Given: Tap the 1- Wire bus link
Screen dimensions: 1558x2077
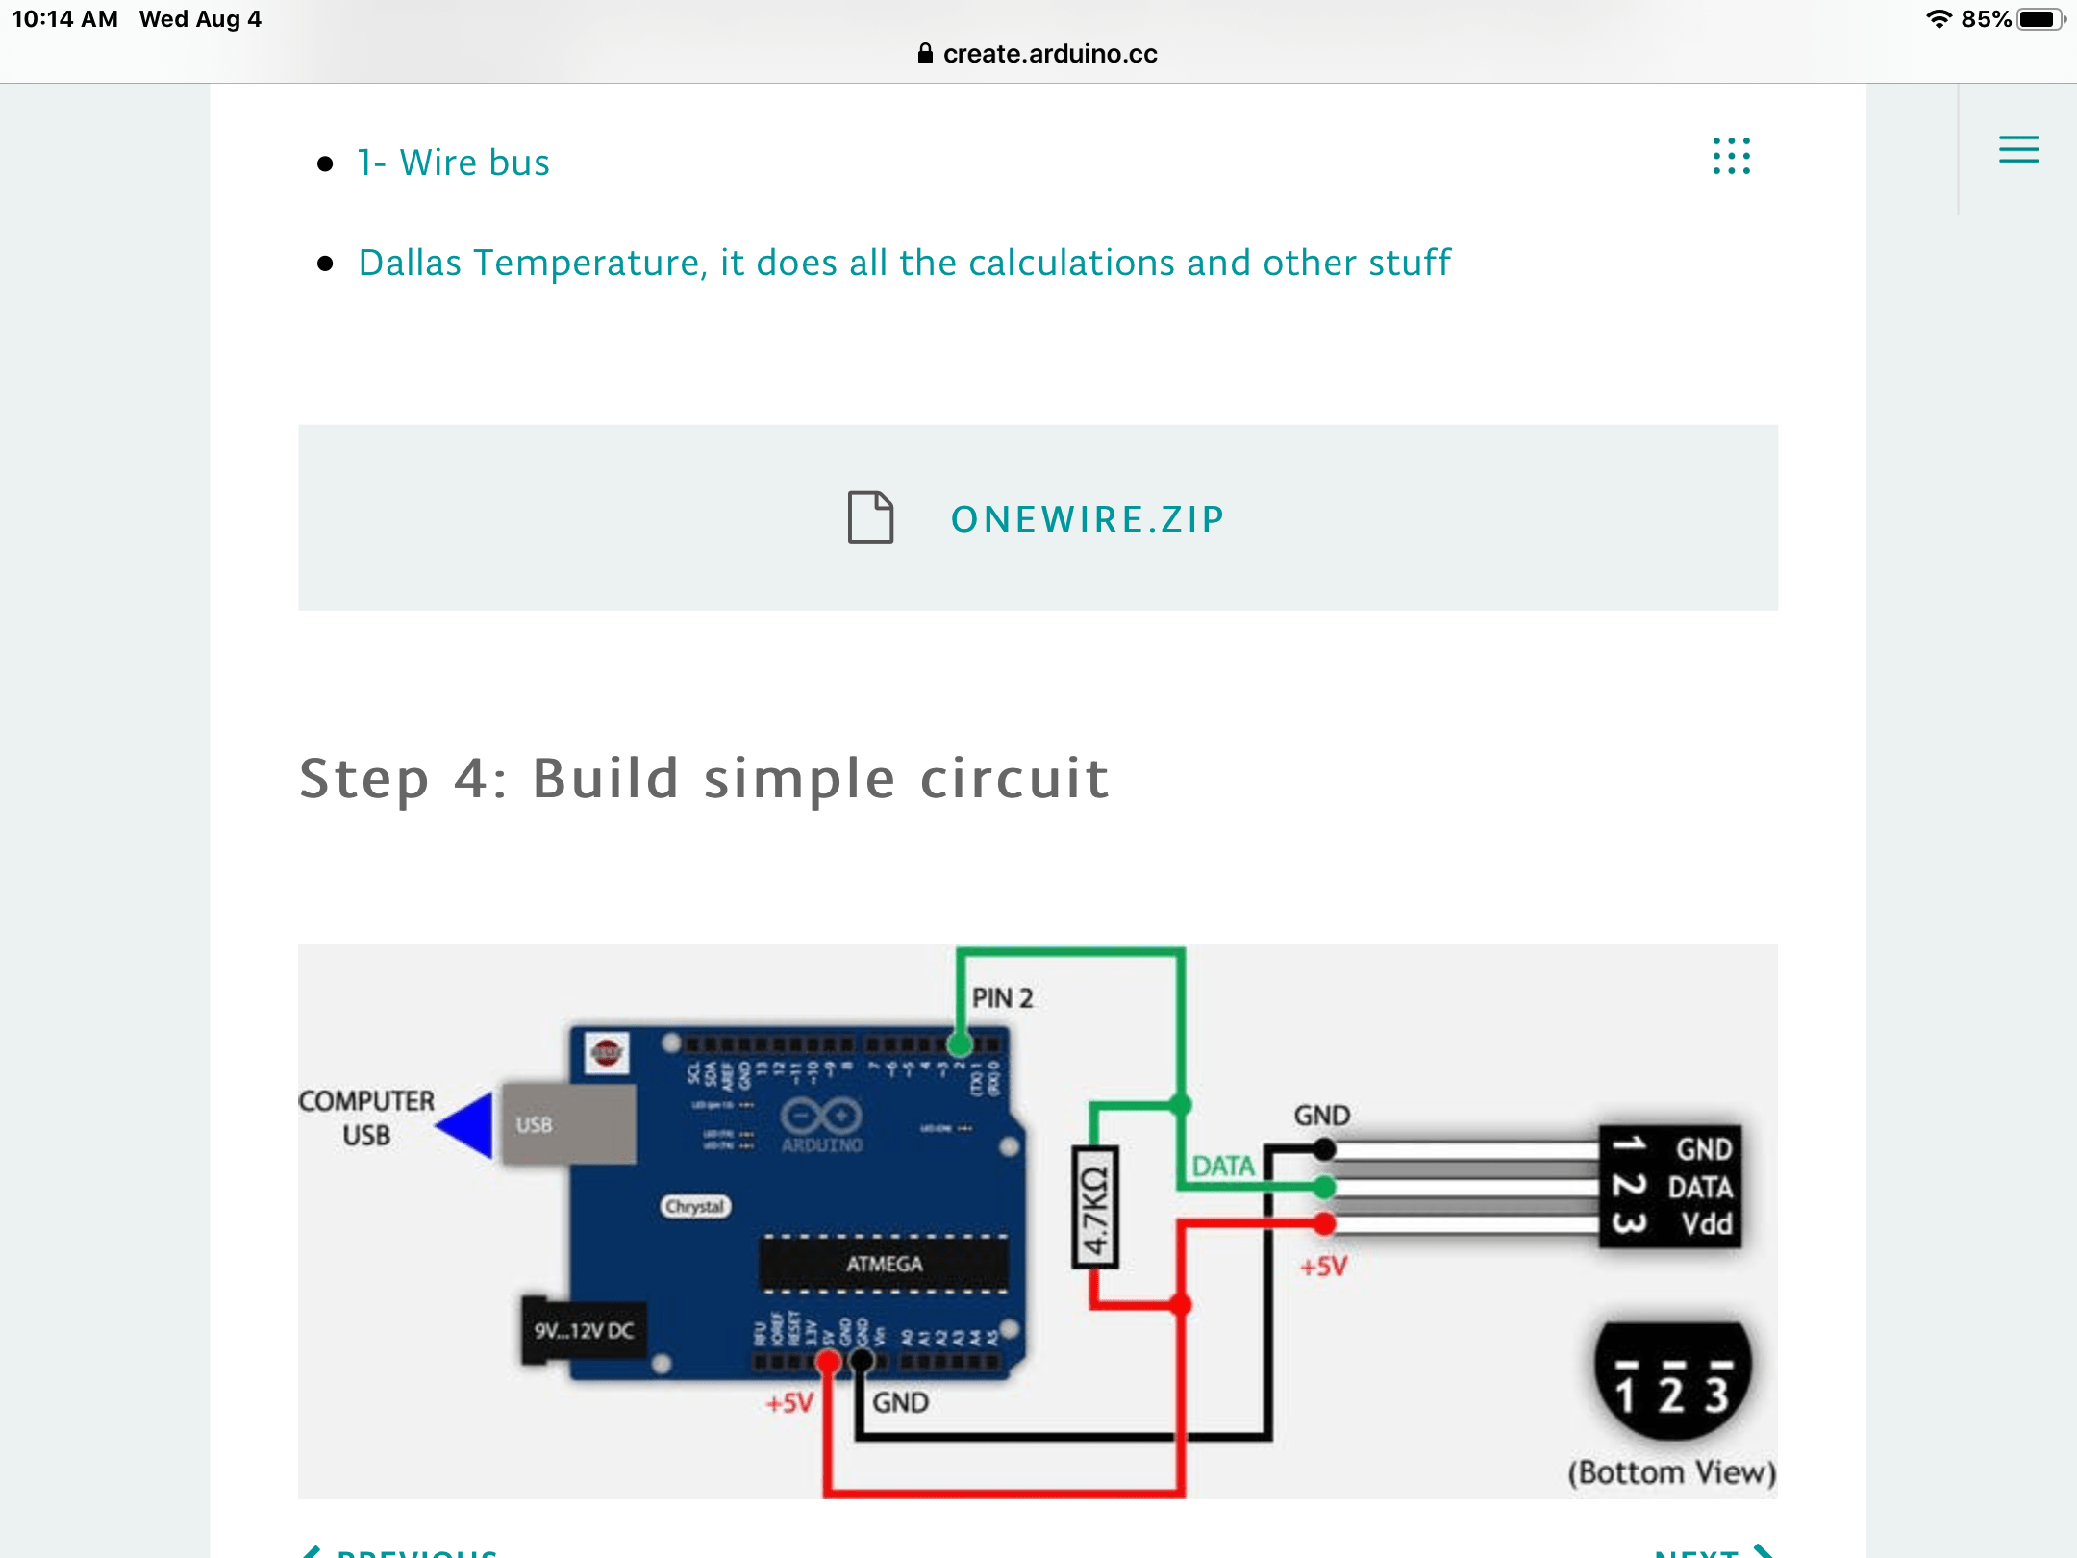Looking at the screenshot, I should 453,163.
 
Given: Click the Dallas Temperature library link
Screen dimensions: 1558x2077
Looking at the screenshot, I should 904,263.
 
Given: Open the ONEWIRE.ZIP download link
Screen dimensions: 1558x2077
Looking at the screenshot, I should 1088,519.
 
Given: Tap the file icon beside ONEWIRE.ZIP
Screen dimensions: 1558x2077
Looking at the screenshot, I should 870,517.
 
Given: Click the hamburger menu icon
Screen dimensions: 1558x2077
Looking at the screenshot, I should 2018,149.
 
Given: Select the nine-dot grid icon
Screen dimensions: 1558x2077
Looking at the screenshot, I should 1731,156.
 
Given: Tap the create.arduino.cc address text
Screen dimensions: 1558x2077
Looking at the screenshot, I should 1049,54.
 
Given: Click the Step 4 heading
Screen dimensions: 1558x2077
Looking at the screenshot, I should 704,778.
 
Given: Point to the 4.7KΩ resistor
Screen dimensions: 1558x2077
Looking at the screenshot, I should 1095,1208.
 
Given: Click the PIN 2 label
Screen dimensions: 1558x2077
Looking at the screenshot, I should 1002,998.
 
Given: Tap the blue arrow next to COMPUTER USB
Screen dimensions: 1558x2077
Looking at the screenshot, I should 466,1124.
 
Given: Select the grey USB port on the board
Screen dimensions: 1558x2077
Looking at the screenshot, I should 567,1124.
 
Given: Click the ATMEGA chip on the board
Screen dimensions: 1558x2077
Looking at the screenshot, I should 884,1264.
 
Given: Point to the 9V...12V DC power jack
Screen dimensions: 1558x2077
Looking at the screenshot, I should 584,1331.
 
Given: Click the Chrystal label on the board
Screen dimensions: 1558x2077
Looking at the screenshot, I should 695,1206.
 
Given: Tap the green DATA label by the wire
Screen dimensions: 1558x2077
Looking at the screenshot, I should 1223,1167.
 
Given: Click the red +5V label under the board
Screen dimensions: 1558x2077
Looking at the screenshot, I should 789,1403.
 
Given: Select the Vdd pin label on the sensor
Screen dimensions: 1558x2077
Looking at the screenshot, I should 1706,1224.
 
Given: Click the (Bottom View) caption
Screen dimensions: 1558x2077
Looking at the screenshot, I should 1671,1472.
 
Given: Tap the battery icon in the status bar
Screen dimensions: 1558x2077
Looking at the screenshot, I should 2039,19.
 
